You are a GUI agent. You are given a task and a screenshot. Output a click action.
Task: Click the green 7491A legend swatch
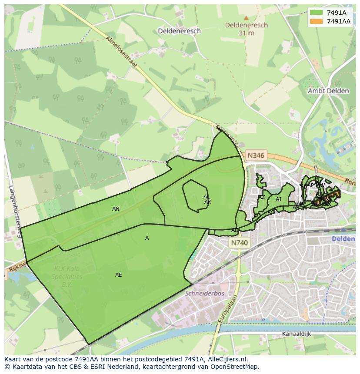tap(317, 13)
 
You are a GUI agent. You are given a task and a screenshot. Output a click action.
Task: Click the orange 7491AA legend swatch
tap(317, 21)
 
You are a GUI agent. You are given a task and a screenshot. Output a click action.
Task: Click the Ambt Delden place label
tap(328, 91)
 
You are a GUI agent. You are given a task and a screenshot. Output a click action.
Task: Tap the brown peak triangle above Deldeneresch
tap(246, 18)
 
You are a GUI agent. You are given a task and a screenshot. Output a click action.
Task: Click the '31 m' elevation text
tap(246, 33)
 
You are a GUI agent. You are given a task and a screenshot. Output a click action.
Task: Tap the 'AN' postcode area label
tap(116, 209)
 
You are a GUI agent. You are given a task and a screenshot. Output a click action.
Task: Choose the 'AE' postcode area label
tap(119, 275)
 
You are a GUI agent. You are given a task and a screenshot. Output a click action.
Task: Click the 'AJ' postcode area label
tap(278, 199)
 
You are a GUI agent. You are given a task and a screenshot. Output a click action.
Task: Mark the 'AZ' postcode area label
tap(262, 197)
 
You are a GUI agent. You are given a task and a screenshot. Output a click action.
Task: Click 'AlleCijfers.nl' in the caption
tap(226, 360)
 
